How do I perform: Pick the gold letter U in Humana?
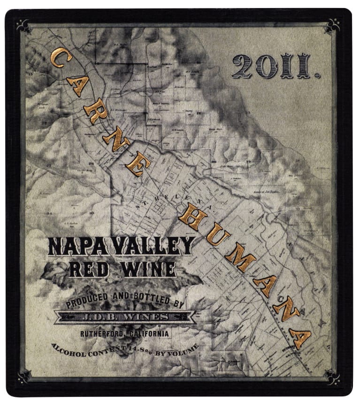tap(216, 235)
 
